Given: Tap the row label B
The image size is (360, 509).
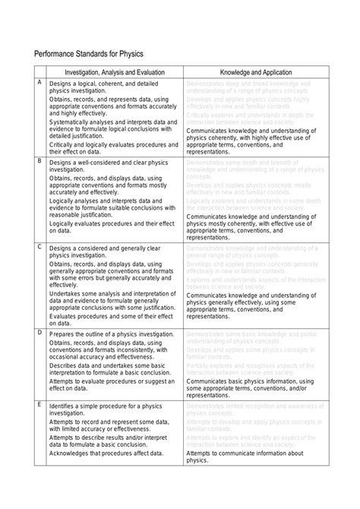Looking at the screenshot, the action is click(39, 161).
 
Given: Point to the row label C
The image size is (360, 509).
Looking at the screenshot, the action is click(39, 248).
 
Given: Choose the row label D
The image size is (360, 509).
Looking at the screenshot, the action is click(39, 333).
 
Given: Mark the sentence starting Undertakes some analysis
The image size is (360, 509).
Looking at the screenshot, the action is click(113, 299).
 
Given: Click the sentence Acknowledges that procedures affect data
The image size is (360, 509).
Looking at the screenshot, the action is click(106, 454).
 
